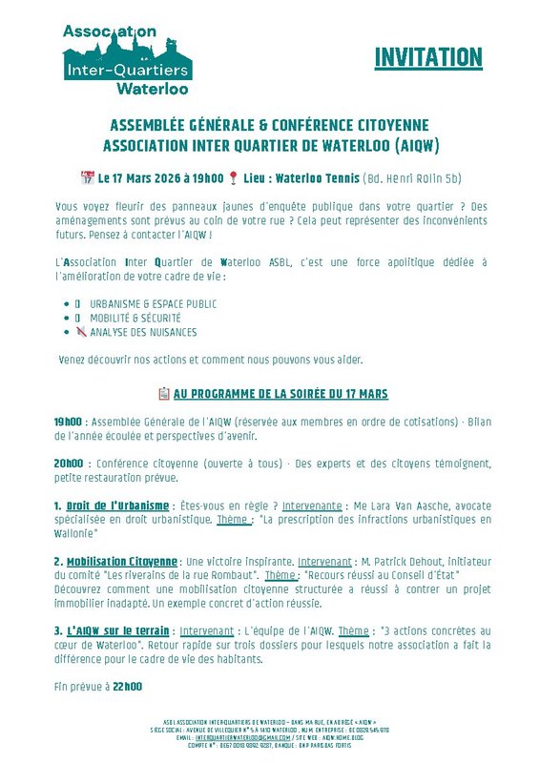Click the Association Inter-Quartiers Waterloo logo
(x=127, y=59)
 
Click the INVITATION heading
(x=427, y=58)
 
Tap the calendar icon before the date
(x=88, y=177)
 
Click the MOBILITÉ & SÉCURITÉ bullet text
(x=135, y=318)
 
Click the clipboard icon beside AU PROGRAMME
(x=163, y=394)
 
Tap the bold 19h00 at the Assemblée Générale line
(x=68, y=420)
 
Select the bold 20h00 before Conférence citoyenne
(x=68, y=464)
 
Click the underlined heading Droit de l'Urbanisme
(x=117, y=505)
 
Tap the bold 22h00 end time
(x=127, y=686)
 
